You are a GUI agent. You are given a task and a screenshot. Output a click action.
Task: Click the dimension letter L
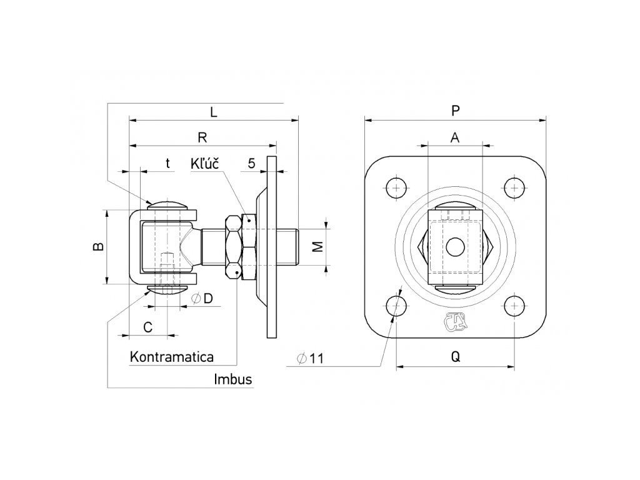[x=214, y=112]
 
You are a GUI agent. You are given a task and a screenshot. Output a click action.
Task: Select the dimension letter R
[x=202, y=137]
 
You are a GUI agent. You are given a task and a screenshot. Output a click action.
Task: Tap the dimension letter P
[x=456, y=110]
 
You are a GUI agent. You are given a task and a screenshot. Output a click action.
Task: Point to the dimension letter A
[x=455, y=137]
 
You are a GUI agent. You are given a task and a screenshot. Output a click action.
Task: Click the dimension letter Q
[x=456, y=357]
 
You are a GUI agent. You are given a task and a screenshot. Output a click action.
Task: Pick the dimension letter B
[x=99, y=246]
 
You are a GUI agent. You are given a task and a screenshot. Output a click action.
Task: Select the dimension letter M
[x=317, y=246]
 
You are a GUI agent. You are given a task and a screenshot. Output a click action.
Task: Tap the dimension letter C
[x=147, y=326]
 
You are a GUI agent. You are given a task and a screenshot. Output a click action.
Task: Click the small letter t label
[x=167, y=163]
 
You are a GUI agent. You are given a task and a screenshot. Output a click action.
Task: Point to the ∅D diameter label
[x=202, y=298]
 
